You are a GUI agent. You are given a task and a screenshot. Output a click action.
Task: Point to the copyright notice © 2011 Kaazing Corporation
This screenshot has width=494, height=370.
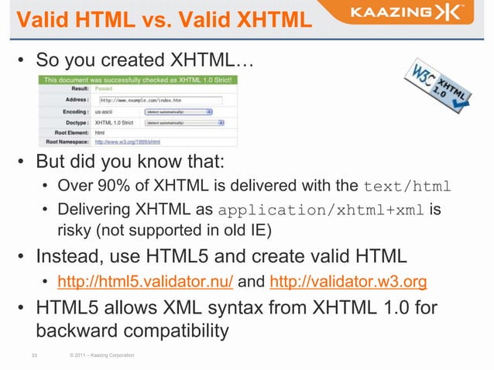coord(101,355)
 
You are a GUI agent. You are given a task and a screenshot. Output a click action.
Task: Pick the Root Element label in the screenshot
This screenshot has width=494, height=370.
coord(70,132)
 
